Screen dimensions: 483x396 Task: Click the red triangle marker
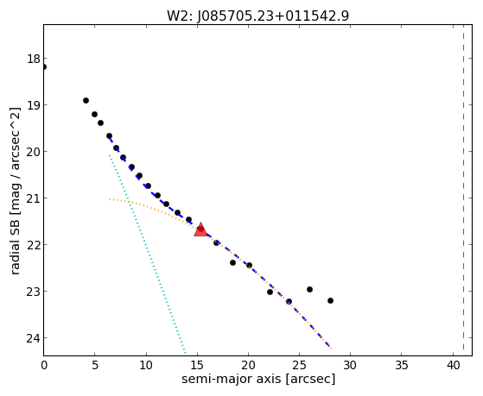200,229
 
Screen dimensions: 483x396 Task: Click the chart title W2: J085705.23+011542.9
257,16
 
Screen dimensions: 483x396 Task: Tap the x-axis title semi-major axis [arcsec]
258,379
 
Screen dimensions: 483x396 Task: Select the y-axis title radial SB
15,243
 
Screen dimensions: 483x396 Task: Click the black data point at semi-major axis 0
44,66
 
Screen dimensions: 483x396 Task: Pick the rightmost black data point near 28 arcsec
330,300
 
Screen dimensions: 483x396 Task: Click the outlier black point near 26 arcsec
309,290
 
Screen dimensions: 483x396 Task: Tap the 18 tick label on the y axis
34,59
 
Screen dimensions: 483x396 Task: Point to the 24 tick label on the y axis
34,338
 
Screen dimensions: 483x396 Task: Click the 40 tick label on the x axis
453,365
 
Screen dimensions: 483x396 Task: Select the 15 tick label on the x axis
197,365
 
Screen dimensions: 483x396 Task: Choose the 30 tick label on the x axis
350,365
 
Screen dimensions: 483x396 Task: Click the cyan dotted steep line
147,255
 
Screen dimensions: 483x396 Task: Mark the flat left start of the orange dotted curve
110,199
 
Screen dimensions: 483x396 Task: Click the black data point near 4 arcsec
86,101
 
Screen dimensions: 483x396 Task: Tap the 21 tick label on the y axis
34,198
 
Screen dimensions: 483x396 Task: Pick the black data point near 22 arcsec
270,292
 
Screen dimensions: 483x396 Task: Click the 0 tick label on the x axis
44,365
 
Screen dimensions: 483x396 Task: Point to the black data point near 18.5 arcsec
232,263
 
